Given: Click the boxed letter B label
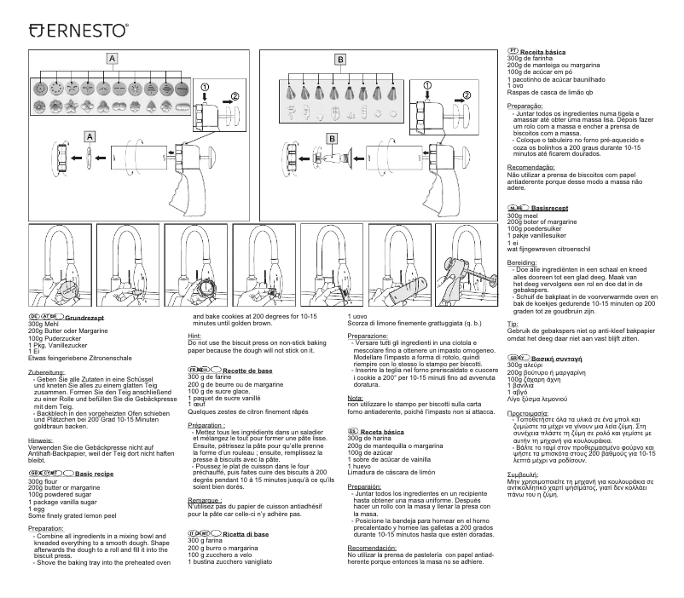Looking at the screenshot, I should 339,60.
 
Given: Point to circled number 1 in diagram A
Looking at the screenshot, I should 206,87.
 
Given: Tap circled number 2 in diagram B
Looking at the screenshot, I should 467,94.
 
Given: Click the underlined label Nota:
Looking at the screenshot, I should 356,398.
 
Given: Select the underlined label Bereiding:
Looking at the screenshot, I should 522,263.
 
